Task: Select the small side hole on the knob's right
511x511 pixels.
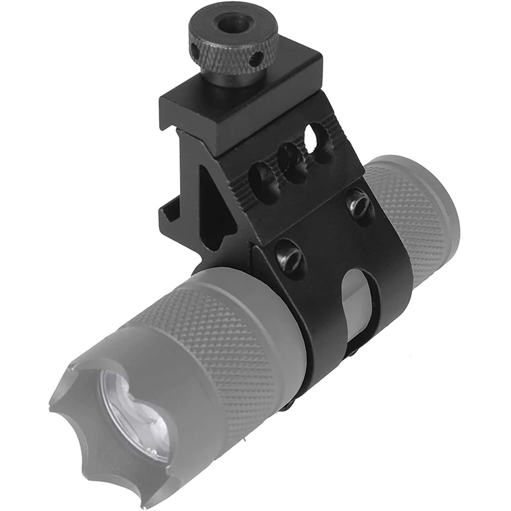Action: pos(256,61)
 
